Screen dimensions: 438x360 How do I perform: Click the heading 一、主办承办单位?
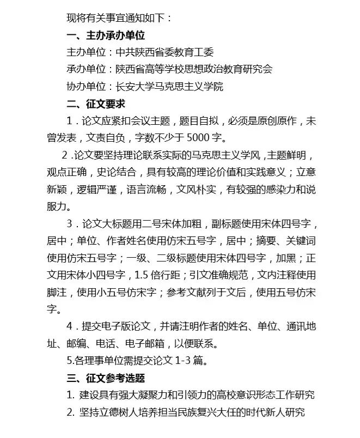[106, 35]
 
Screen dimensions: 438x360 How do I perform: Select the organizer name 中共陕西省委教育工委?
[164, 52]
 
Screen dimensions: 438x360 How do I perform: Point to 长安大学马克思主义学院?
[169, 86]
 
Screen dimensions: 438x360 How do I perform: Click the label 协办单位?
[86, 86]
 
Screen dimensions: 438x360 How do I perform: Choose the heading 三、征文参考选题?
[106, 378]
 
